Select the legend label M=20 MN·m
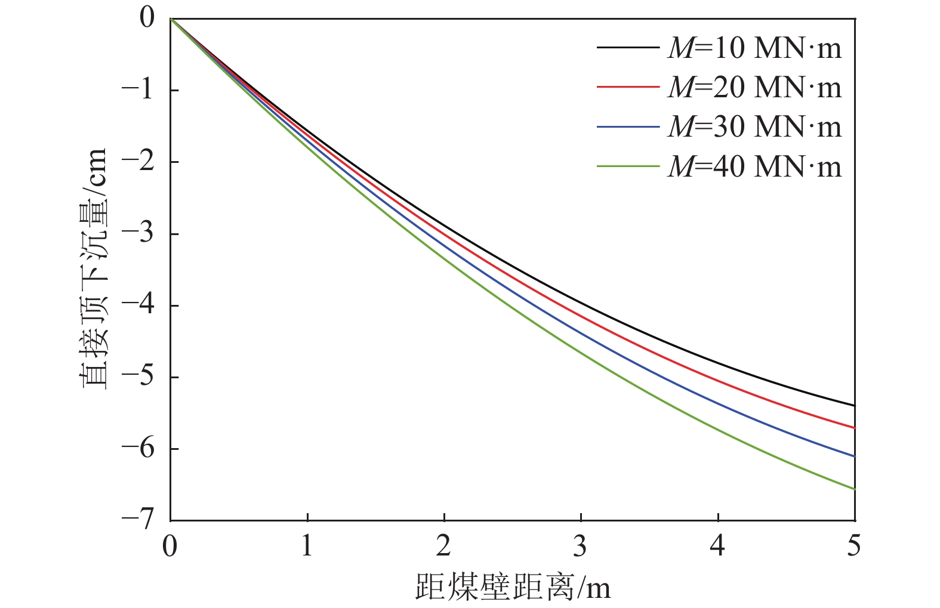click(754, 88)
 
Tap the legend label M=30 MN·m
click(754, 127)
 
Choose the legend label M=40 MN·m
click(754, 166)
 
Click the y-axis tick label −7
click(138, 520)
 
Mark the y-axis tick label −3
click(138, 233)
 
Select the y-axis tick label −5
click(138, 376)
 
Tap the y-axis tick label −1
click(138, 90)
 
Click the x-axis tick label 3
click(581, 546)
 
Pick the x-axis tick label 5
click(854, 546)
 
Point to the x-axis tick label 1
click(307, 546)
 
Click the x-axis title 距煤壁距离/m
click(513, 587)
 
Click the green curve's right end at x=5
click(854, 489)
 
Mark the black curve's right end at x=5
click(854, 406)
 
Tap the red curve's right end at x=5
click(854, 428)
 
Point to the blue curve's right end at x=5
click(854, 456)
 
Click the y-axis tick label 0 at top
click(147, 18)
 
